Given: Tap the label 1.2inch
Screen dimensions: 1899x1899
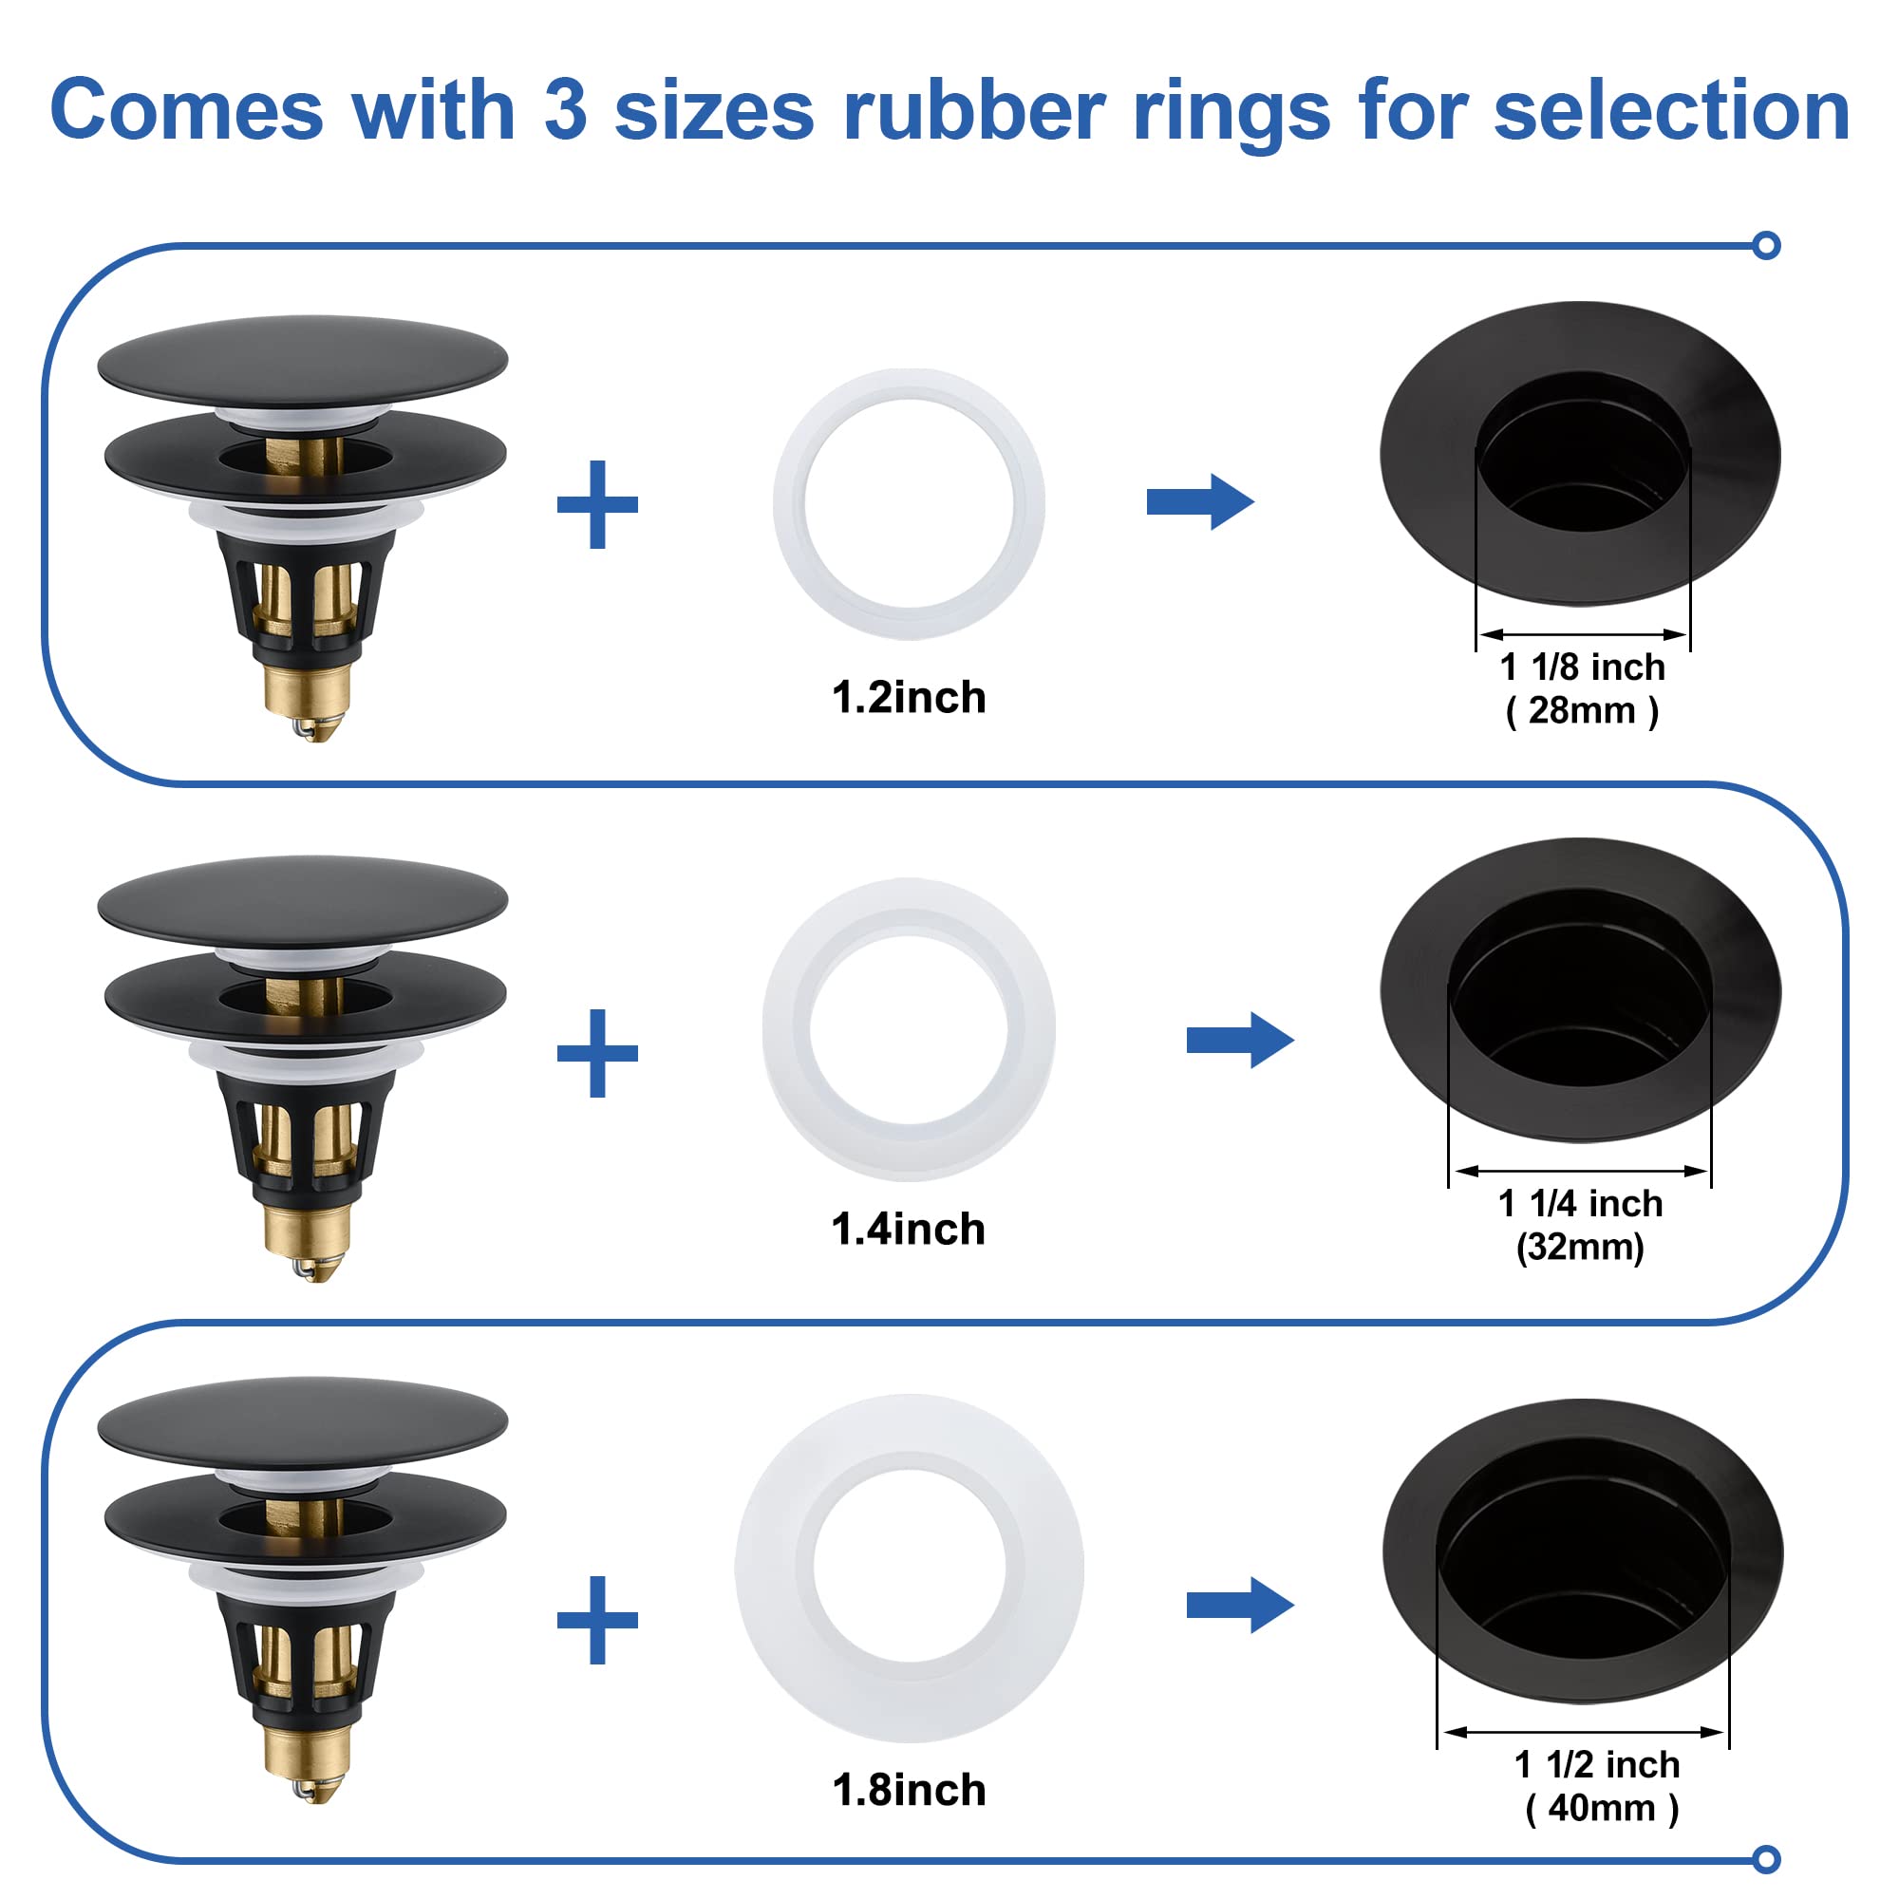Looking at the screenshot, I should pyautogui.click(x=909, y=698).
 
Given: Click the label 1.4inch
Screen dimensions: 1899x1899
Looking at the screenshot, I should pyautogui.click(x=909, y=1230).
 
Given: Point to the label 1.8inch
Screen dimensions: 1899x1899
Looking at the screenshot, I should pyautogui.click(x=909, y=1790).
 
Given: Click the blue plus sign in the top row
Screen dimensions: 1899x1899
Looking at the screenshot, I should pyautogui.click(x=597, y=504).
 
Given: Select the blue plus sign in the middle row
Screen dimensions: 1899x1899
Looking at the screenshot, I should pyautogui.click(x=597, y=1053).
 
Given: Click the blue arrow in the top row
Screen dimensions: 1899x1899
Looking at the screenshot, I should pyautogui.click(x=1199, y=502).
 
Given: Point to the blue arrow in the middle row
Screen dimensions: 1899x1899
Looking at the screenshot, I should pyautogui.click(x=1239, y=1040).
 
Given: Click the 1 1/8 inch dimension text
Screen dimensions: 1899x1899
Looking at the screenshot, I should pyautogui.click(x=1583, y=667).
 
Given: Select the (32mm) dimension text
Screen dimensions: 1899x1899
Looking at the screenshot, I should pyautogui.click(x=1580, y=1248).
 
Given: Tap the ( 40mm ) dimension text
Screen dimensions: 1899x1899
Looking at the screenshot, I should pyautogui.click(x=1602, y=1808).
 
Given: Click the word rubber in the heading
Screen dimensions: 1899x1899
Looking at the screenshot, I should pyautogui.click(x=974, y=111).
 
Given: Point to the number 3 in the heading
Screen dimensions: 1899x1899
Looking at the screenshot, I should pyautogui.click(x=565, y=111).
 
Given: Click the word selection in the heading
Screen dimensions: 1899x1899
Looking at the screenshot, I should pyautogui.click(x=1671, y=111).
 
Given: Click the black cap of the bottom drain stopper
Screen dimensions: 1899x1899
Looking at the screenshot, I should pyautogui.click(x=303, y=1421).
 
